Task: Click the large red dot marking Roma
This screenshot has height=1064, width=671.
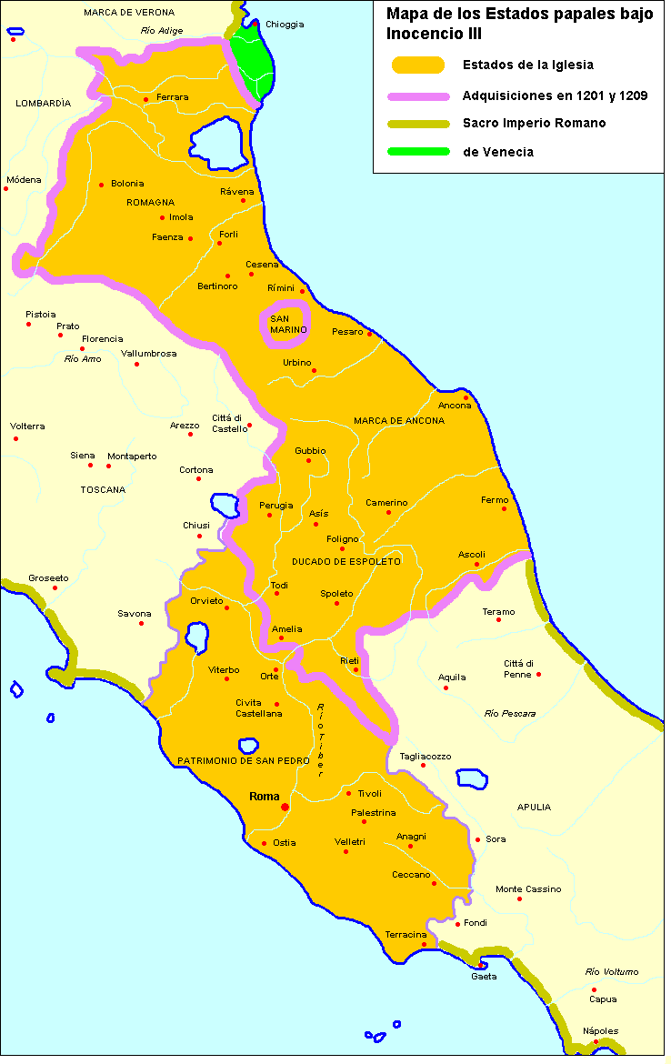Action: coord(285,807)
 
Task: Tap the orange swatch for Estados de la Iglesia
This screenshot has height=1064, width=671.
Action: coord(417,65)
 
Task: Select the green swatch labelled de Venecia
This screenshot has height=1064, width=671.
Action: coord(417,152)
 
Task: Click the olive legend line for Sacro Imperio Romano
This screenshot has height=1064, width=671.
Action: coord(417,124)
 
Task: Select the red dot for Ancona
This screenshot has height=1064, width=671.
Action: coord(466,396)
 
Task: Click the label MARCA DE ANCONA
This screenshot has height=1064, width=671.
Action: coord(399,420)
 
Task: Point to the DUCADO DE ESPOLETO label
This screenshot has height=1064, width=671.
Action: coord(346,562)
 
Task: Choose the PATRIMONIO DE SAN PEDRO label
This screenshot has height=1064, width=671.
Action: coord(244,760)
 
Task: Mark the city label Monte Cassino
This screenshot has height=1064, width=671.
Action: coord(528,888)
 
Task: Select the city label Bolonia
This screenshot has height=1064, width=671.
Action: coord(127,184)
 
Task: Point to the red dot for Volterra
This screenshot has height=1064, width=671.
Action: coord(15,438)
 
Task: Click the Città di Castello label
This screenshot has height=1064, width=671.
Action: coord(229,423)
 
